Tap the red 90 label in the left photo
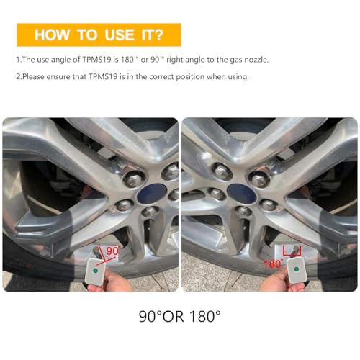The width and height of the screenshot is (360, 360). click(x=112, y=251)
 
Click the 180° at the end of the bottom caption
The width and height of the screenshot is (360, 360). click(x=203, y=315)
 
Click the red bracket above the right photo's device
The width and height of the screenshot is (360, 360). click(x=292, y=249)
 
